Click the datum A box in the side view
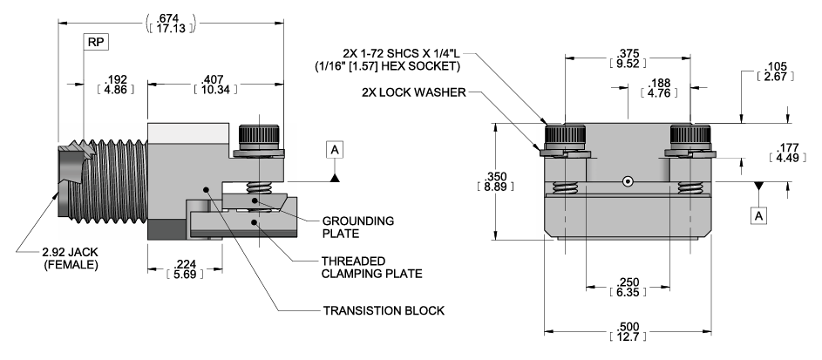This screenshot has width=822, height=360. (336, 150)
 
